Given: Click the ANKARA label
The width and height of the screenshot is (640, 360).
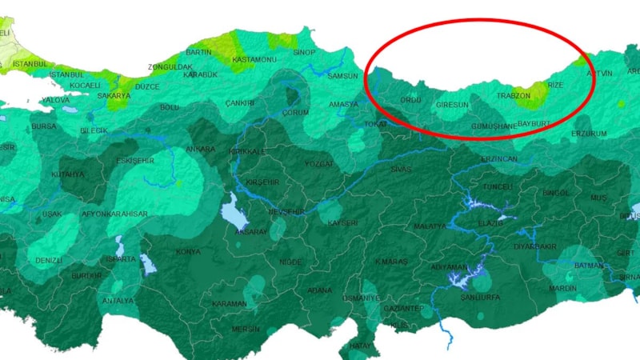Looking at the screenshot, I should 200,150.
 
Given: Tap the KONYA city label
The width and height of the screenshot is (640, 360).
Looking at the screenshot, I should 188,252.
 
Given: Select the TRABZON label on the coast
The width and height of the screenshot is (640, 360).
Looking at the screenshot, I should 514,96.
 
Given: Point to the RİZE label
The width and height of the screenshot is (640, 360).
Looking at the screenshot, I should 555,85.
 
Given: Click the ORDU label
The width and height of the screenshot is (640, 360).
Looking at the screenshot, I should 410,100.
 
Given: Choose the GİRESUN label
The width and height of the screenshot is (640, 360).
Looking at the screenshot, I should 451,105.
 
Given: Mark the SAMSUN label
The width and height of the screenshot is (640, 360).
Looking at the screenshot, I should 345,76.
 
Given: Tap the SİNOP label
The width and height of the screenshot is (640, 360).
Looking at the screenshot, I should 305,53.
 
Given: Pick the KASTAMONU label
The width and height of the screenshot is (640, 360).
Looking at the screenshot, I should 254,60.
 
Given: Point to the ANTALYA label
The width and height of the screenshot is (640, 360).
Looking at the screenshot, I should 118,301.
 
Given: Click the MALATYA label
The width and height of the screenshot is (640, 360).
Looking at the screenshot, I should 430,226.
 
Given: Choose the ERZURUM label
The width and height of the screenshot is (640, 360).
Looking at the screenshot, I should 589,134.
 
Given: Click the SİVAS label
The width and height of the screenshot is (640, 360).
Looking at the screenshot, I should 401,170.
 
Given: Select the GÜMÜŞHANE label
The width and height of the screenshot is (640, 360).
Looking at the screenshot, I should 495,126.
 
